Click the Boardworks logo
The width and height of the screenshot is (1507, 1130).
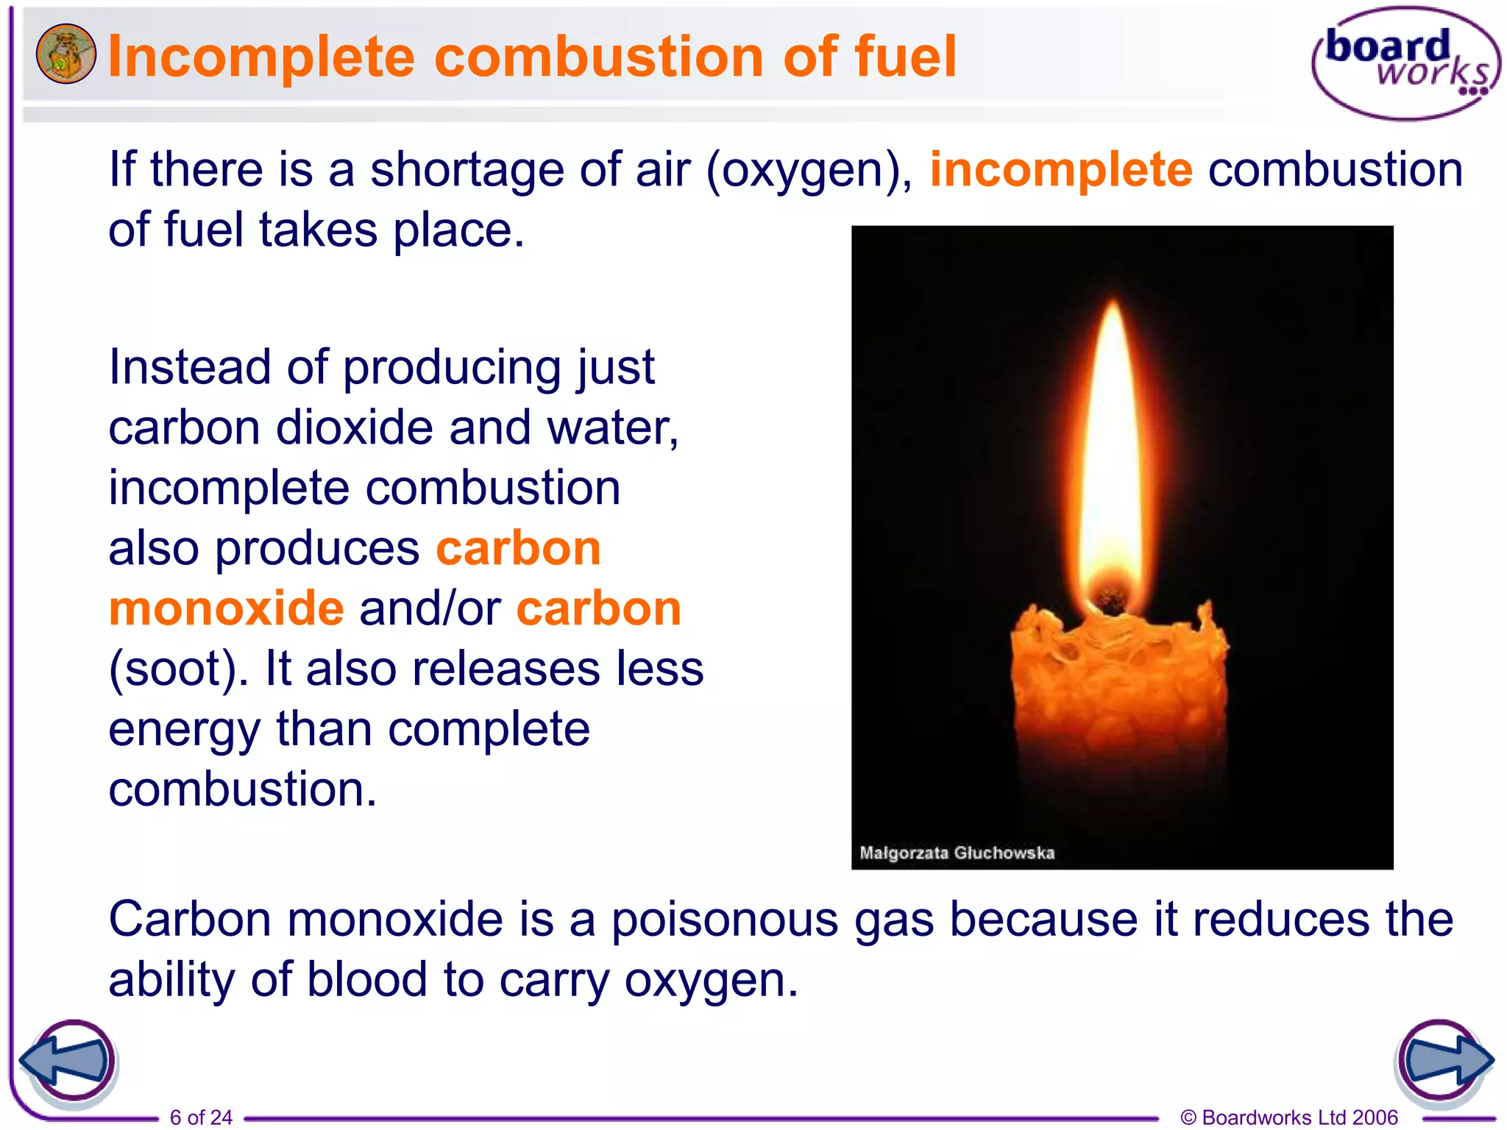tap(1405, 63)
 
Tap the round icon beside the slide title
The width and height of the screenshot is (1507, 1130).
tap(65, 54)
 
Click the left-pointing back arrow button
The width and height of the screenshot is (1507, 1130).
tap(67, 1062)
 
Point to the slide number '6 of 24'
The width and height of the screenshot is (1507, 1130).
tap(201, 1117)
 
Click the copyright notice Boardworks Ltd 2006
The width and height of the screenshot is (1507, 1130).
tap(1289, 1117)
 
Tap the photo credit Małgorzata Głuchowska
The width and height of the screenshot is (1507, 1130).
tap(957, 853)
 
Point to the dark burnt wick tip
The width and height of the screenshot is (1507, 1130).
tap(1110, 594)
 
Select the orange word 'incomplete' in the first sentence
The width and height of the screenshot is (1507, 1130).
tap(1060, 169)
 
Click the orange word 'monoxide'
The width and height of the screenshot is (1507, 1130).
tap(226, 608)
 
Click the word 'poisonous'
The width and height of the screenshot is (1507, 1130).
tap(725, 920)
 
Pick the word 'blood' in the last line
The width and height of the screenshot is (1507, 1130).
tap(366, 980)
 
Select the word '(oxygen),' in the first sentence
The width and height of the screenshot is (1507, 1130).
tap(809, 171)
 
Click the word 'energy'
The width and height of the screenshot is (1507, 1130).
tap(184, 731)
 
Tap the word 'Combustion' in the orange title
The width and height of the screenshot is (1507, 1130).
tap(599, 57)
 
